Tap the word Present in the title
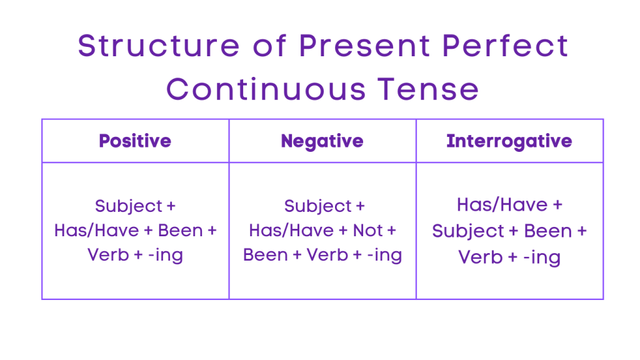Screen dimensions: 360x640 (361, 46)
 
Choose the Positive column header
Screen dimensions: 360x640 (135, 141)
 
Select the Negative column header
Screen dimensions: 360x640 (322, 141)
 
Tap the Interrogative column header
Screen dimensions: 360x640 (509, 141)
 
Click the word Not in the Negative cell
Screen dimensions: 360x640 (367, 231)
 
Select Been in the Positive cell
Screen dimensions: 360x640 (180, 231)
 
